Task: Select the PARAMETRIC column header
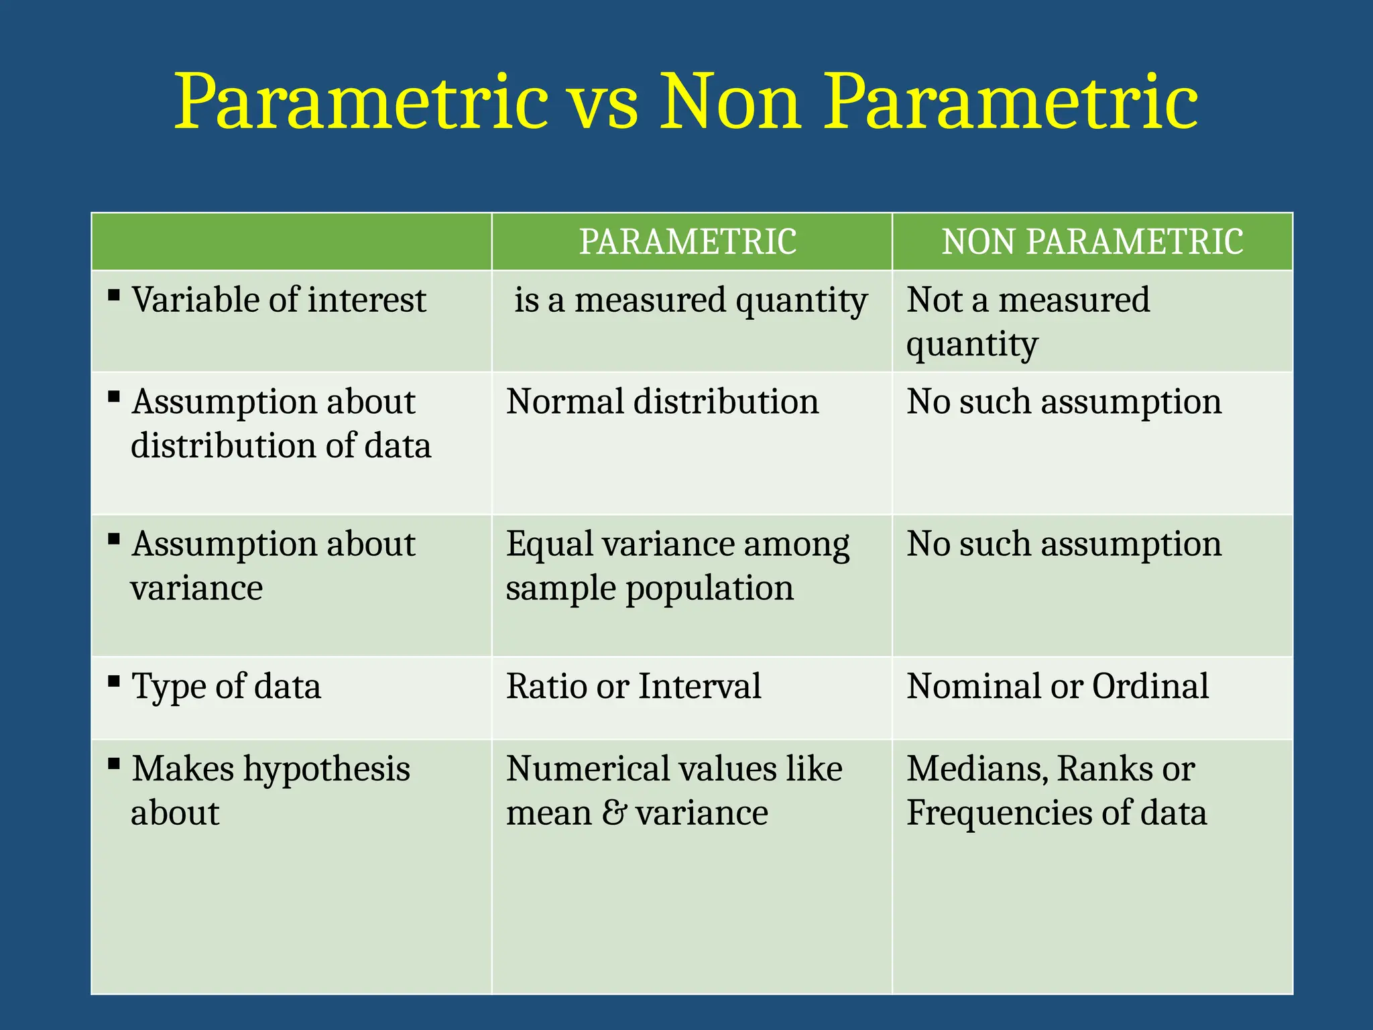(x=688, y=241)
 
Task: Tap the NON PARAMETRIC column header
(x=1092, y=241)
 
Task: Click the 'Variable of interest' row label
(x=278, y=300)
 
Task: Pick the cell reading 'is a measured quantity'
(x=691, y=300)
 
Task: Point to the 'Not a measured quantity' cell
(x=1028, y=321)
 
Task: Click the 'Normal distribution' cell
(x=662, y=402)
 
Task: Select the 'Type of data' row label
(x=226, y=687)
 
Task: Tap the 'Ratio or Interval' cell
(x=634, y=687)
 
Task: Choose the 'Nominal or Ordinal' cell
(x=1057, y=687)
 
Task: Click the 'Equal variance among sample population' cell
(x=677, y=565)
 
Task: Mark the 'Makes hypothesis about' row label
(x=270, y=790)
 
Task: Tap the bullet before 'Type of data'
(x=114, y=682)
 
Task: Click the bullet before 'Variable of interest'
(x=114, y=295)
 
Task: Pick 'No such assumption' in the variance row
(x=1064, y=544)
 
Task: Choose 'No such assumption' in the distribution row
(x=1064, y=402)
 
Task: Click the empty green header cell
(x=291, y=241)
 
